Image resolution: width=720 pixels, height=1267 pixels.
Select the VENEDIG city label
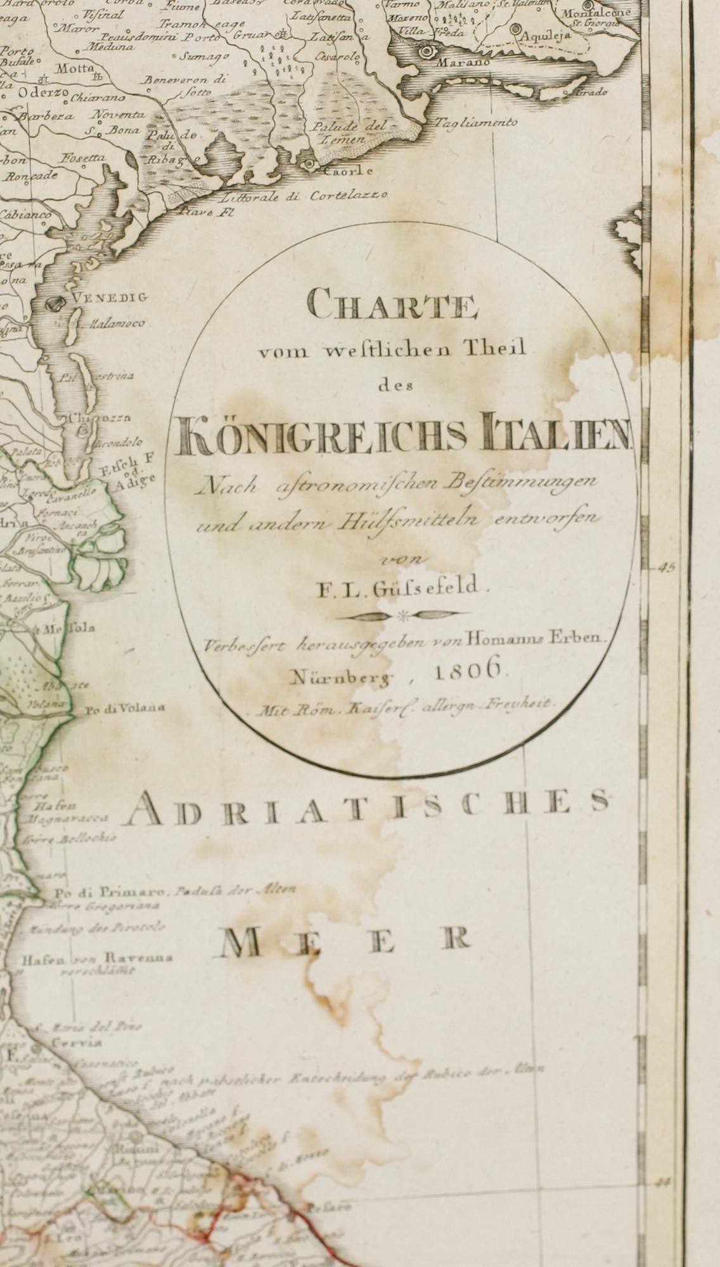109,296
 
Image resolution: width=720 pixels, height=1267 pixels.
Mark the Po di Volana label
124,709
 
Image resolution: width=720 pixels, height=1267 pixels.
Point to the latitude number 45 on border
667,568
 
